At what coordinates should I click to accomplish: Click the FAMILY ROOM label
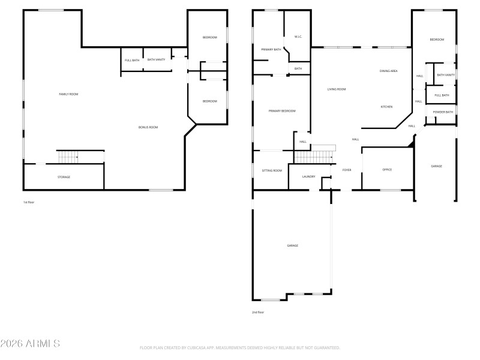pyautogui.click(x=68, y=94)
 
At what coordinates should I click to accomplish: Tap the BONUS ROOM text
pyautogui.click(x=148, y=127)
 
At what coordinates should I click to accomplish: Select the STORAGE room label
pyautogui.click(x=64, y=177)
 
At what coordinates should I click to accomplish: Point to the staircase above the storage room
pyautogui.click(x=68, y=157)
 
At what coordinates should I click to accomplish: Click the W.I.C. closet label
pyautogui.click(x=298, y=37)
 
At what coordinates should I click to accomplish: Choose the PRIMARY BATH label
pyautogui.click(x=271, y=49)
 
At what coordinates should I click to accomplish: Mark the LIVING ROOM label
pyautogui.click(x=336, y=89)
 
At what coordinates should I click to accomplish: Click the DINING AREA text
pyautogui.click(x=388, y=71)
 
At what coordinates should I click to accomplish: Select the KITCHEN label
pyautogui.click(x=386, y=107)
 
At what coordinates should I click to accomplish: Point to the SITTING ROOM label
pyautogui.click(x=272, y=170)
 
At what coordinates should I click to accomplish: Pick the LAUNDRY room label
pyautogui.click(x=308, y=176)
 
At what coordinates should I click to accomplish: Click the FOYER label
pyautogui.click(x=347, y=170)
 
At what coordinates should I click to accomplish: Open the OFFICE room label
pyautogui.click(x=387, y=170)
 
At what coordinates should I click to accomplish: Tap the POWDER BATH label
pyautogui.click(x=443, y=112)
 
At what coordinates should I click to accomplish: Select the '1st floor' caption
pyautogui.click(x=29, y=202)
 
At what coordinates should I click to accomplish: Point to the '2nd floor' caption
pyautogui.click(x=257, y=312)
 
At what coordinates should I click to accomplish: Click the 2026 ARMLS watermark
pyautogui.click(x=30, y=344)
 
